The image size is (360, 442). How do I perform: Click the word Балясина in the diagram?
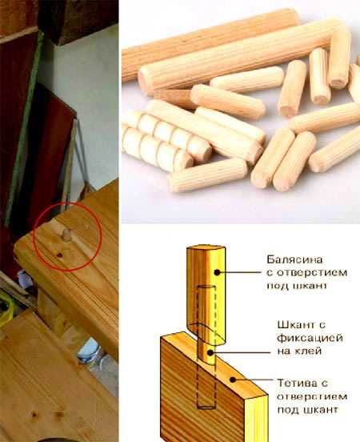point(294,259)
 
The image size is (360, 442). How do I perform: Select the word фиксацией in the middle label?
point(310,338)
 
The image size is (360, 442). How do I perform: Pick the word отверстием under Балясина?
point(312,273)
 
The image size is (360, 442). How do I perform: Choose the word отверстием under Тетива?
point(312,396)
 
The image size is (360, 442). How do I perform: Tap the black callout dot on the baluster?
point(217,272)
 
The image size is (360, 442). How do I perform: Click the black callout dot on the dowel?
point(210,352)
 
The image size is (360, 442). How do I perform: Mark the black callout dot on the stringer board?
point(233,380)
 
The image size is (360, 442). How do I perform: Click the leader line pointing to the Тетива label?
point(254,380)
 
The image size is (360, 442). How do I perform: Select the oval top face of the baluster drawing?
point(206,248)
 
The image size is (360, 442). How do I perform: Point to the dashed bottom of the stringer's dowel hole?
point(207,406)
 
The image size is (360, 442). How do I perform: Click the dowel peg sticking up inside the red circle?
point(66,235)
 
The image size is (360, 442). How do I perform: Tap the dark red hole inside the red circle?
point(59,255)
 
